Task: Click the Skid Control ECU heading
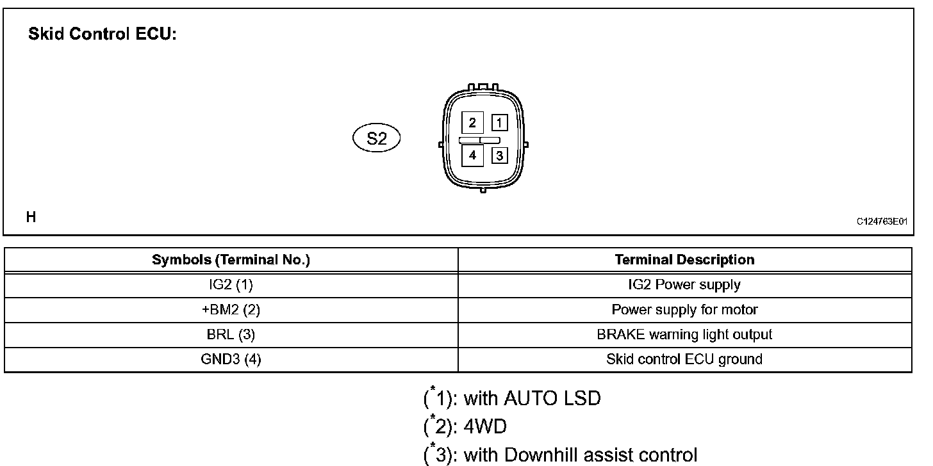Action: click(x=102, y=35)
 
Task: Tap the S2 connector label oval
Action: click(x=377, y=138)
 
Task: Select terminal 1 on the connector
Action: click(x=500, y=122)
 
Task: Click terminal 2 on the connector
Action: click(x=472, y=123)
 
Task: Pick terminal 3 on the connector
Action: click(x=500, y=155)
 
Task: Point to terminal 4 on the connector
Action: click(x=472, y=155)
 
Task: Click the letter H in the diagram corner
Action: click(x=31, y=218)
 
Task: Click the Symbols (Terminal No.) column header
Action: click(x=231, y=260)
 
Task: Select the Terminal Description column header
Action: click(x=684, y=260)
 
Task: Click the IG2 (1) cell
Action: click(x=231, y=285)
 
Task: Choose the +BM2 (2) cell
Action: click(x=231, y=310)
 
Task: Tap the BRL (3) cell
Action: click(x=231, y=334)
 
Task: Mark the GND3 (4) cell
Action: click(x=231, y=359)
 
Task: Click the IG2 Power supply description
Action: click(x=684, y=285)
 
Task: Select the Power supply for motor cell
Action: click(x=684, y=310)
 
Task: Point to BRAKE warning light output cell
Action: click(x=684, y=334)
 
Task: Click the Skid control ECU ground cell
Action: click(x=684, y=359)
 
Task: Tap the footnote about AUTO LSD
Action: click(x=512, y=399)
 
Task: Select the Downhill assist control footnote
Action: click(x=560, y=455)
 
